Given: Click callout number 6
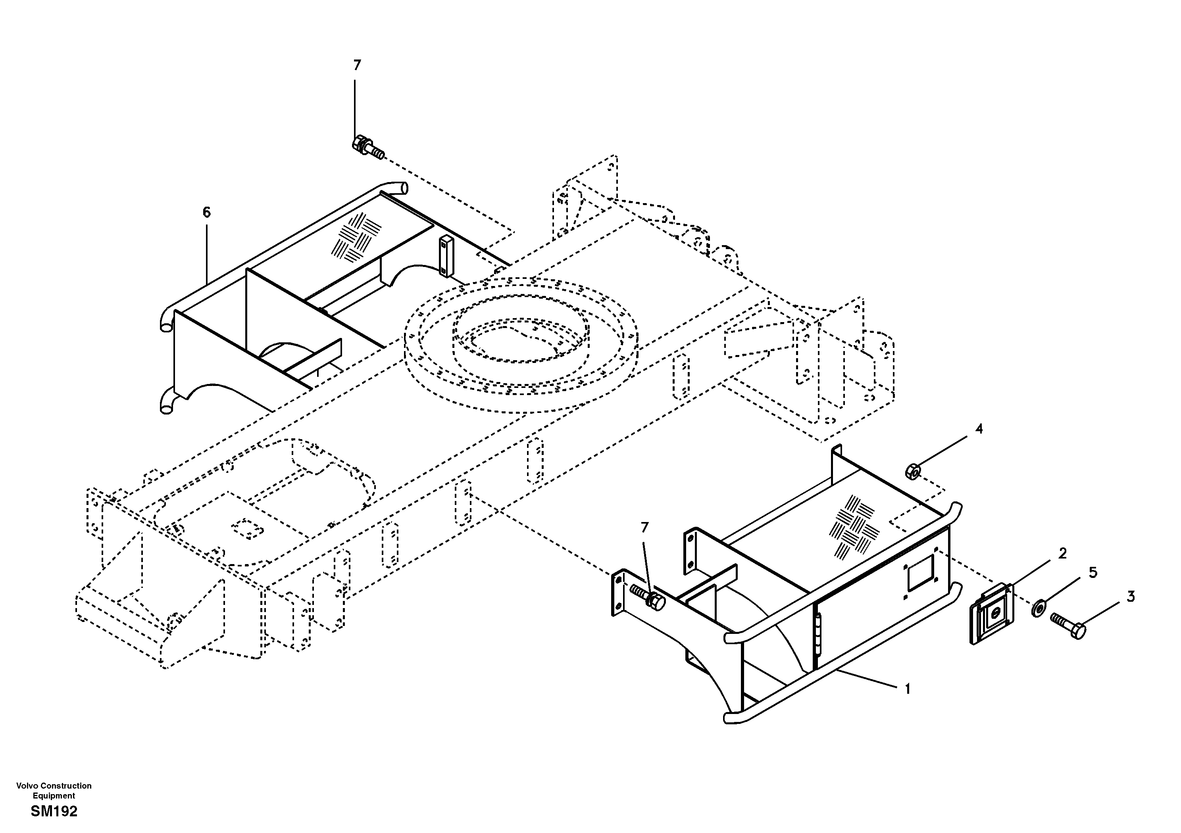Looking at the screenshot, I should click(206, 212).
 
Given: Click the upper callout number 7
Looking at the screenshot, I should click(357, 66).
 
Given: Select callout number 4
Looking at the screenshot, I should click(979, 429).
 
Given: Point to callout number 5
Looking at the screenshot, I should click(1093, 573).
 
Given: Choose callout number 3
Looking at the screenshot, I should click(1131, 597).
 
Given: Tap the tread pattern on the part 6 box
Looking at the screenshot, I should click(356, 236).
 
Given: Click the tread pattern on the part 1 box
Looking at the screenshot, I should click(851, 526).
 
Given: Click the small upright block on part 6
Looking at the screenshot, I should click(444, 257).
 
